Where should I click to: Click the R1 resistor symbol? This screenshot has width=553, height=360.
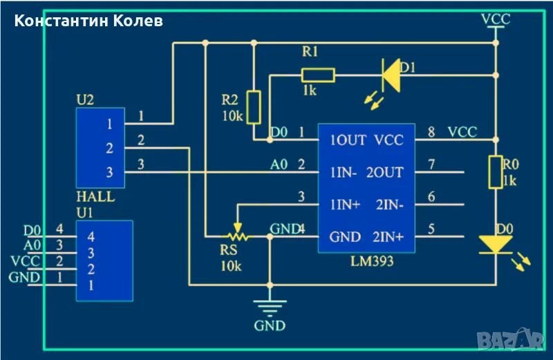318,75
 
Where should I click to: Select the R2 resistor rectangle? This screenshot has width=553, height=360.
254,106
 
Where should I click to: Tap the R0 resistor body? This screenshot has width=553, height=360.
495,172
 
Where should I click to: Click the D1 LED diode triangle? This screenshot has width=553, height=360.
392,75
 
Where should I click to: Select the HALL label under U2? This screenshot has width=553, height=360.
95,196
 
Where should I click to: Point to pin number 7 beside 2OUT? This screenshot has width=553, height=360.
431,164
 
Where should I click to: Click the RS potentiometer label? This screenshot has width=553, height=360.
229,252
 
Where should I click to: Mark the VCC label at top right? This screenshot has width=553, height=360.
496,19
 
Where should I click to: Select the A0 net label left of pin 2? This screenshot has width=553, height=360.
279,164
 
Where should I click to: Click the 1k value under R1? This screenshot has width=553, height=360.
308,91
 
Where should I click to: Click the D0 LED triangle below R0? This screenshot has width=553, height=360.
495,243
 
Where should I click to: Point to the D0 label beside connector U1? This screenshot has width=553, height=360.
32,229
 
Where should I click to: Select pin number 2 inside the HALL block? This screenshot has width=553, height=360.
109,148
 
